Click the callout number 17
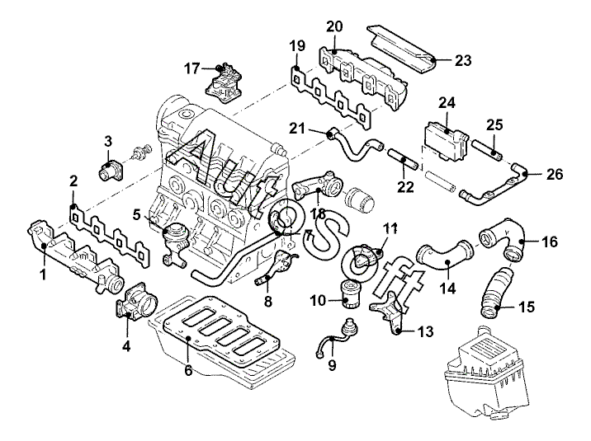(192, 68)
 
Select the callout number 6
(189, 371)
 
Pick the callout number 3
(106, 142)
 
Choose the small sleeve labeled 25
(489, 152)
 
